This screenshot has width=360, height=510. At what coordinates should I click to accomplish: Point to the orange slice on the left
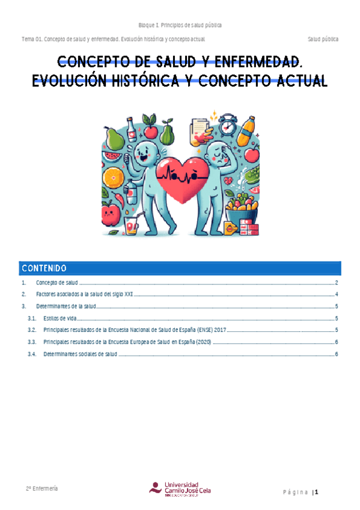[x=113, y=179]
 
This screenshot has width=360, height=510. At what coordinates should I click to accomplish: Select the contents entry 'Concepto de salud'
[x=56, y=283]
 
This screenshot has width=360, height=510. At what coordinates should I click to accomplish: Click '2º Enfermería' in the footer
[x=41, y=488]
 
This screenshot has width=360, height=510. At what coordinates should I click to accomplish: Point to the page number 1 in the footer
[x=316, y=493]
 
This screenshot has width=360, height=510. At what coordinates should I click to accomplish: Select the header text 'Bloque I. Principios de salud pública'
[x=180, y=25]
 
